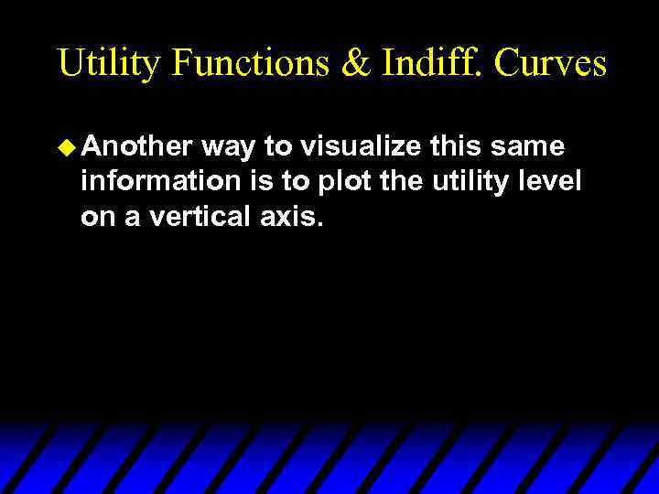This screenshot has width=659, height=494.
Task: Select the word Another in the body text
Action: (136, 146)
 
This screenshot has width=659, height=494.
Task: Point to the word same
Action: (535, 146)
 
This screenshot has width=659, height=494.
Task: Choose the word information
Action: (160, 181)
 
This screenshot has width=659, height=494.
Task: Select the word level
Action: (553, 181)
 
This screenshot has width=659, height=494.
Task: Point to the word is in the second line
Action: (260, 181)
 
